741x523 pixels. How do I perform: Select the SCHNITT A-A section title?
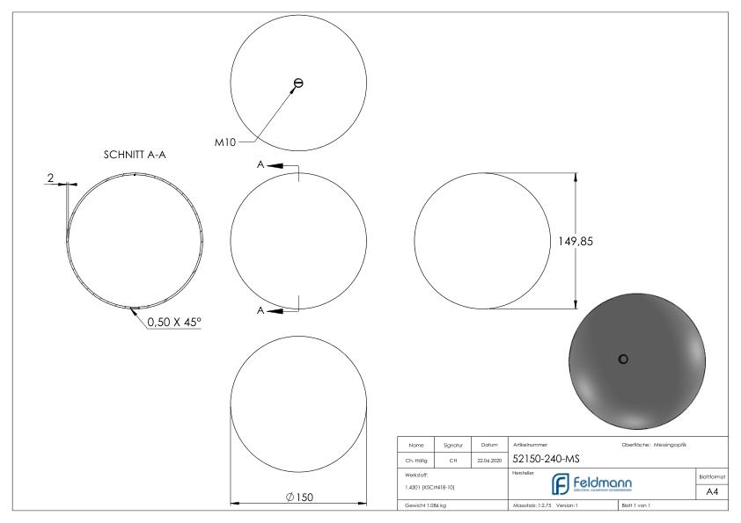tap(135, 155)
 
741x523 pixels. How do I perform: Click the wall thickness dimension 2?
tap(51, 178)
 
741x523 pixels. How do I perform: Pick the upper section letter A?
tap(260, 164)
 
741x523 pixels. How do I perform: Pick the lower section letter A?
tap(260, 310)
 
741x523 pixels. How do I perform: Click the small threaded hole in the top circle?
tap(298, 84)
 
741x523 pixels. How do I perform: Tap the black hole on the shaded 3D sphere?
tap(623, 359)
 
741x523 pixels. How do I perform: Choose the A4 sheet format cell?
tap(714, 491)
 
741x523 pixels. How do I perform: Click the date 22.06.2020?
tap(488, 458)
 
